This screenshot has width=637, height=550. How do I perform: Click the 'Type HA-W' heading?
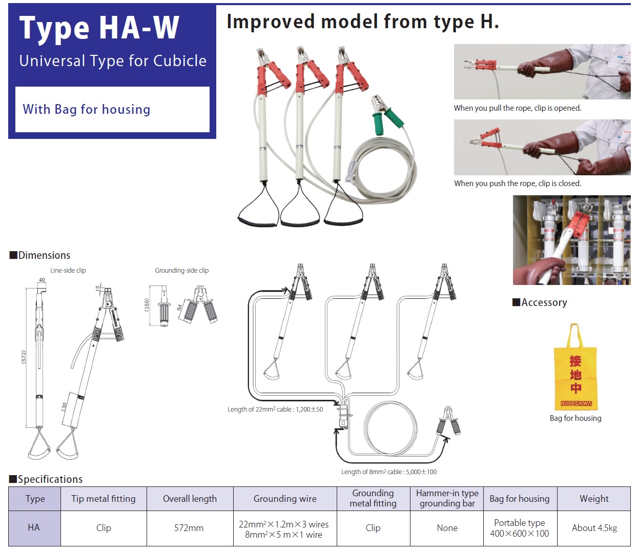(99, 28)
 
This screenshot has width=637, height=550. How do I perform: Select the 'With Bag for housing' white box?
(112, 109)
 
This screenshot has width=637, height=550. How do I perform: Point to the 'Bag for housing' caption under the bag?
(576, 418)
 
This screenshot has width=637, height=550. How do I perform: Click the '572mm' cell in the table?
(189, 528)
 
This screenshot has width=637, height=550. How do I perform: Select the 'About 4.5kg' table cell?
(594, 528)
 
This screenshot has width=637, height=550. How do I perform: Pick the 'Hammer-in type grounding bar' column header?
(447, 498)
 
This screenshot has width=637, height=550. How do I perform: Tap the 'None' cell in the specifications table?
(447, 528)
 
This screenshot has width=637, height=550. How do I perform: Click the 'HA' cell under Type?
(34, 527)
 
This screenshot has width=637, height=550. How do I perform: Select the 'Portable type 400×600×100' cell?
(519, 528)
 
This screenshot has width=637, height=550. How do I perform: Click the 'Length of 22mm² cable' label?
(275, 410)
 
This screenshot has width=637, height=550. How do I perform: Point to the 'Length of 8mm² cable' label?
(389, 472)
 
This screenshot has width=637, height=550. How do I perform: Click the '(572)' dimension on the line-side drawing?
(24, 357)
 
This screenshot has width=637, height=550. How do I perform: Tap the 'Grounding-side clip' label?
(181, 271)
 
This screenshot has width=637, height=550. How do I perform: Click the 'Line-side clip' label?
(68, 271)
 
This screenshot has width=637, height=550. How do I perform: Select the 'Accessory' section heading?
(544, 302)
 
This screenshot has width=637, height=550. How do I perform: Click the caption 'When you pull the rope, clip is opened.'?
(517, 108)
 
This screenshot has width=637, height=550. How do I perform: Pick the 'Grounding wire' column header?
(285, 499)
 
